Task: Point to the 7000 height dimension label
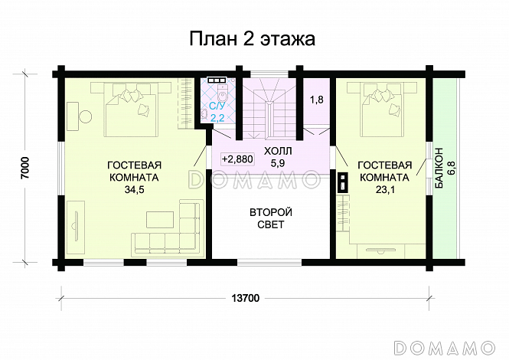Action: (25, 169)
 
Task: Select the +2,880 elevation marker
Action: (237, 159)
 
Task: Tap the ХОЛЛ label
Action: (276, 149)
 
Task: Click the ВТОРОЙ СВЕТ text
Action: (266, 218)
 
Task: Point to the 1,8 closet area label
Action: (316, 100)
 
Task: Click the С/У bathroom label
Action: (217, 106)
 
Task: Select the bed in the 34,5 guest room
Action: (132, 109)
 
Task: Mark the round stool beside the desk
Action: (86, 116)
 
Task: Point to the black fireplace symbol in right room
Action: (342, 182)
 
